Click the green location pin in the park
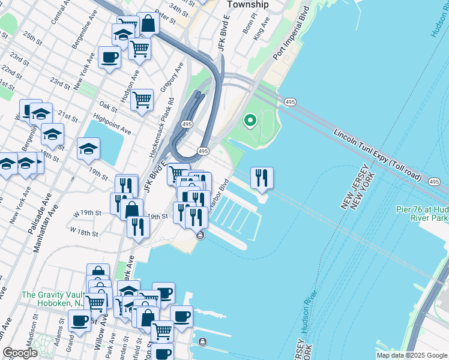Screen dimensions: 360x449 250,121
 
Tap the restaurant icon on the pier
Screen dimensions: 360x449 262,178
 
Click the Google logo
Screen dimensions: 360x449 20,353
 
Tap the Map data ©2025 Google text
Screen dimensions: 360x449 411,355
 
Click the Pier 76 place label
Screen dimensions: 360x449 421,214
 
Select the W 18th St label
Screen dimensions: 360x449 83,231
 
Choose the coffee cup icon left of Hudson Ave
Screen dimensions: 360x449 109,58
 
